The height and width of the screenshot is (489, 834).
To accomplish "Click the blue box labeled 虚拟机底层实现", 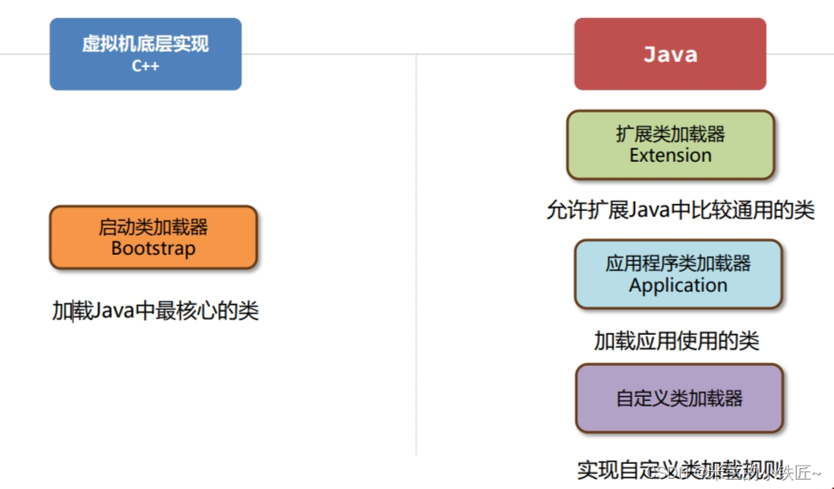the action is click(x=145, y=53).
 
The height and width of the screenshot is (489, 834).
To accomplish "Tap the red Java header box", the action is click(x=669, y=54).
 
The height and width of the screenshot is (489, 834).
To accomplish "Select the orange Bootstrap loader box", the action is click(x=153, y=238).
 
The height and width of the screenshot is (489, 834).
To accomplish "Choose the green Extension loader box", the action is click(x=670, y=145).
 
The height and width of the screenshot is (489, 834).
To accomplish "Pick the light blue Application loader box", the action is click(x=678, y=274).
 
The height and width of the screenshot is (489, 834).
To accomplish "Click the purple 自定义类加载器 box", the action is click(x=679, y=399).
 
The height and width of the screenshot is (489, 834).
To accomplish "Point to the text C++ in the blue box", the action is click(x=146, y=66).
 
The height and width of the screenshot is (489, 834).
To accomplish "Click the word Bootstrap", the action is click(x=153, y=249).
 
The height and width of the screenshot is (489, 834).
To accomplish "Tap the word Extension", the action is click(x=670, y=156).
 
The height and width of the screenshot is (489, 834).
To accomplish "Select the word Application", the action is click(x=678, y=285).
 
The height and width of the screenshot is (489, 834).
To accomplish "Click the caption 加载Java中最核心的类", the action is click(x=155, y=311).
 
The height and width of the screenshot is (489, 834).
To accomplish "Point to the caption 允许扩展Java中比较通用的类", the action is click(x=680, y=210).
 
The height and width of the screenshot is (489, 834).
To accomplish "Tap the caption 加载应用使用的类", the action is click(x=676, y=341).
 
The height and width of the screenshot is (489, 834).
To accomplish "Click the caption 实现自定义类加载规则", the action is click(x=655, y=470).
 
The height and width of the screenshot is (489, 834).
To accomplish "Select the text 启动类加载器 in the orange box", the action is click(x=153, y=227).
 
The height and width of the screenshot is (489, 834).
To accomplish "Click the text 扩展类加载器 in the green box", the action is click(x=670, y=134).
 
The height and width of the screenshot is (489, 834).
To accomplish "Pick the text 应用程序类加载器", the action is click(x=678, y=263).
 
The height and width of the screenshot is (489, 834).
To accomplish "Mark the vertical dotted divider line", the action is click(x=416, y=258).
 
